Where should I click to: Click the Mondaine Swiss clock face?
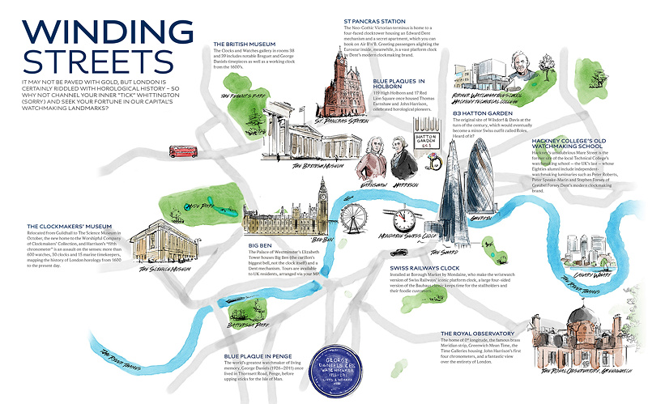pyautogui.click(x=403, y=220)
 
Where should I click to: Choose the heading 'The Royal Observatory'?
pyautogui.click(x=480, y=333)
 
